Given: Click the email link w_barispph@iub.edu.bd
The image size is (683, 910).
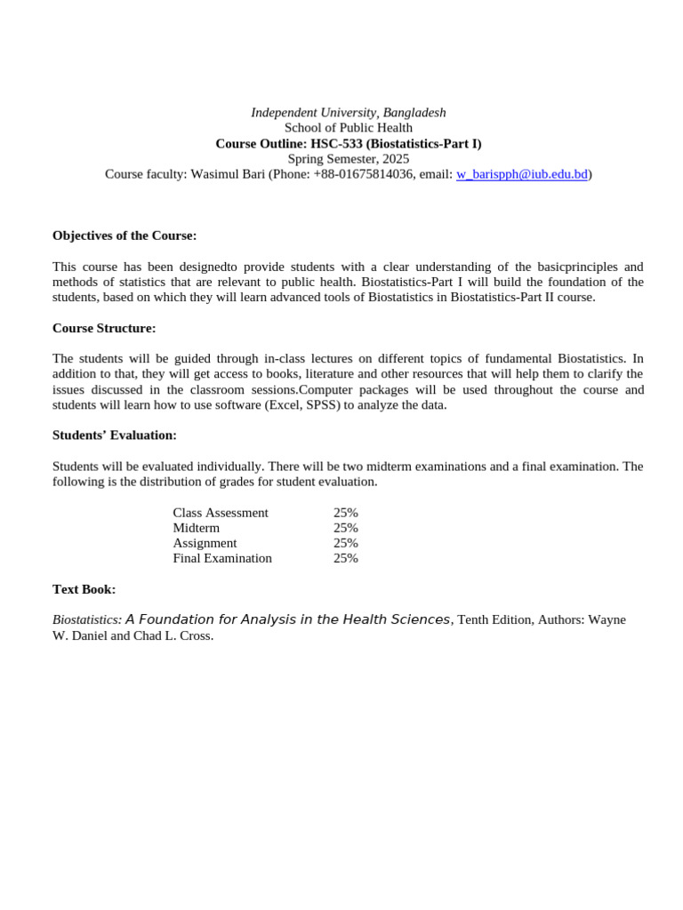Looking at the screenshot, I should [522, 174].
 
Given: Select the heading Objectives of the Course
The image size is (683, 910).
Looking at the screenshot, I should [125, 235].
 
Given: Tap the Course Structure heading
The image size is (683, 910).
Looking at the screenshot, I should [104, 328].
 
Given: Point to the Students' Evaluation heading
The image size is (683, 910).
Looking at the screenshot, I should [115, 435].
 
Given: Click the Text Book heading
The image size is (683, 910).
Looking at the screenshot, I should [84, 589].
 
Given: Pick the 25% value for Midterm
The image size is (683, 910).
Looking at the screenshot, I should [346, 528].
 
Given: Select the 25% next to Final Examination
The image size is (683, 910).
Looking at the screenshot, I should [346, 558].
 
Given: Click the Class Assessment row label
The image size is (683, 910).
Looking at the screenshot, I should [221, 513].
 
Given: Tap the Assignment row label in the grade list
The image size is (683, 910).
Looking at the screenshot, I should [205, 543].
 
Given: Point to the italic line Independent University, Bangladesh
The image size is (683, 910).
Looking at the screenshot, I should [349, 113].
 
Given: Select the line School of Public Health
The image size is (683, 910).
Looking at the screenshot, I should [349, 128].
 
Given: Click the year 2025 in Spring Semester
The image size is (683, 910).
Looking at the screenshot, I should [396, 159].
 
